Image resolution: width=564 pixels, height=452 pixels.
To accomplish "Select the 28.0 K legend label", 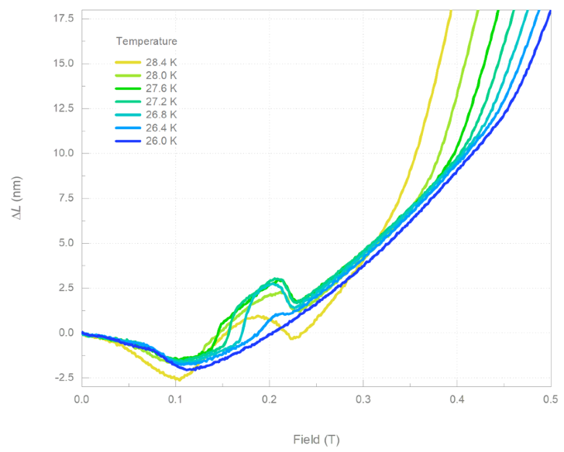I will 161,75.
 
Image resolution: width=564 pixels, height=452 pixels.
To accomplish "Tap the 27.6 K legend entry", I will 161,88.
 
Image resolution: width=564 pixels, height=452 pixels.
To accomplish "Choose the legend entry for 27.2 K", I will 161,101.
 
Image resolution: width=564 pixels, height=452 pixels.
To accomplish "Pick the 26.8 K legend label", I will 161,115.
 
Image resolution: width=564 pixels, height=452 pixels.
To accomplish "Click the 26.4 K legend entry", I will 161,128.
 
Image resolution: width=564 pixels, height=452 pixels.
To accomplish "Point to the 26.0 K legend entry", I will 161,141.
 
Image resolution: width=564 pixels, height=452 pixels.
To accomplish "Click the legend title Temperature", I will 146,40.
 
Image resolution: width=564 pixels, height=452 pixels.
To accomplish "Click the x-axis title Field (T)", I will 316,440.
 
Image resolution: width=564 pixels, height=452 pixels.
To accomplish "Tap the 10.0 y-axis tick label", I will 64,153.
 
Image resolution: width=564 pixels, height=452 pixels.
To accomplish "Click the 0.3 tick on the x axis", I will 363,399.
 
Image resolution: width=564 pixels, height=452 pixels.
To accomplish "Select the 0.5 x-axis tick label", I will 550,399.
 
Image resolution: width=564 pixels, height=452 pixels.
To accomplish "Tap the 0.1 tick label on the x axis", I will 175,399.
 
